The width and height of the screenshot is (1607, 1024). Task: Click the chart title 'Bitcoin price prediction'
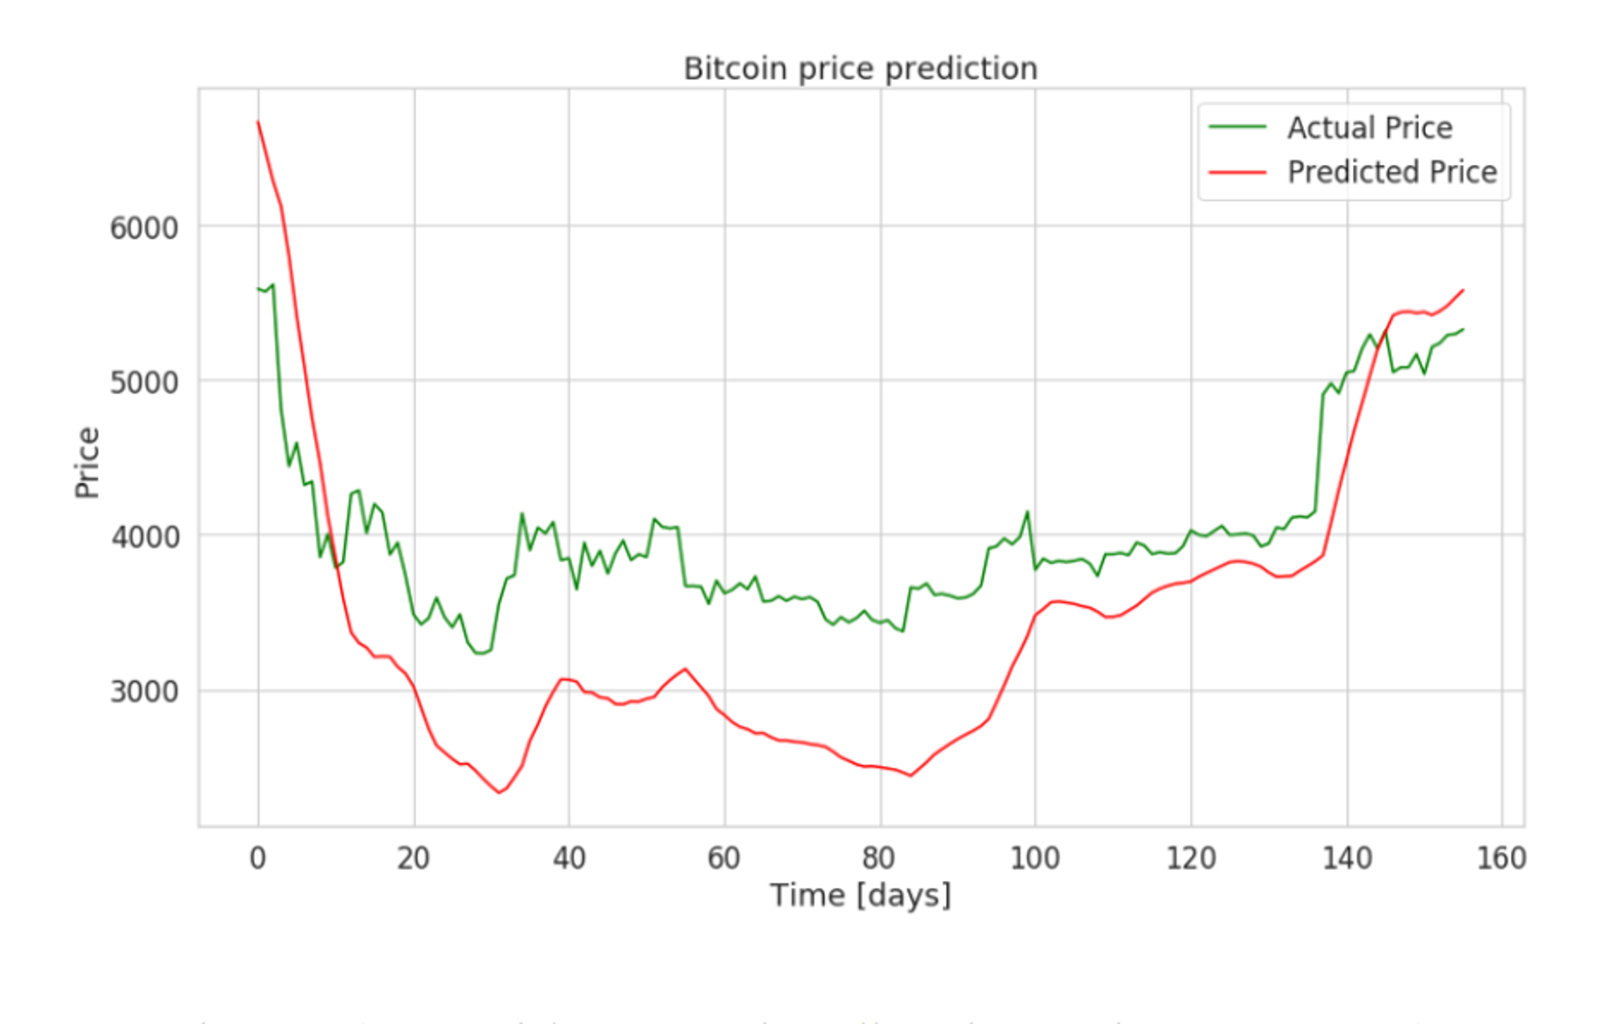(x=860, y=69)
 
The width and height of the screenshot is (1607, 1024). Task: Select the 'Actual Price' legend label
(x=1369, y=128)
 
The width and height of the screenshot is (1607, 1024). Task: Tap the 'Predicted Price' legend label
(x=1392, y=172)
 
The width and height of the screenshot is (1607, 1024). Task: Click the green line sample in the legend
(x=1237, y=128)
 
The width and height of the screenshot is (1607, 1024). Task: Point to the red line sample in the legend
(x=1237, y=172)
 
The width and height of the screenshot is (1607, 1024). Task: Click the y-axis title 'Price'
(x=87, y=463)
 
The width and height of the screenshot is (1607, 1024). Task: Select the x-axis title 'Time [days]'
(x=860, y=895)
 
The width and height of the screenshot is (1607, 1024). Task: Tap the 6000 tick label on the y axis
(x=144, y=228)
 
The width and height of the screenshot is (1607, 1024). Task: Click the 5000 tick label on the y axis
(x=144, y=383)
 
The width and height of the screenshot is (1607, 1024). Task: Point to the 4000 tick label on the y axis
(x=144, y=537)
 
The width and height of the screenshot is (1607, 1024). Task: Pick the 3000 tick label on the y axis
(x=144, y=691)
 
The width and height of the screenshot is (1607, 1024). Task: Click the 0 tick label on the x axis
(x=258, y=858)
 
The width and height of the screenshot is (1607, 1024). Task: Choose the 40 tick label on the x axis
(x=569, y=858)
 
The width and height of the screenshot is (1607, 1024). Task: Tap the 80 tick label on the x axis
(x=879, y=858)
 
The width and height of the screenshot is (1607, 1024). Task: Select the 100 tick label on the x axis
(x=1034, y=858)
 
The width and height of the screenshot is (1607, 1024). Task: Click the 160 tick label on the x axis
(x=1501, y=858)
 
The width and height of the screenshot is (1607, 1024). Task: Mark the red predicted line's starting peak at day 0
(x=258, y=122)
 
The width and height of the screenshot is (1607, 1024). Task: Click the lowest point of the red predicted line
(x=500, y=793)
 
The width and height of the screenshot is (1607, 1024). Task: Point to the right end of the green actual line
(x=1463, y=329)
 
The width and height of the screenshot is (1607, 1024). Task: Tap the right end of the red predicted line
(x=1463, y=290)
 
